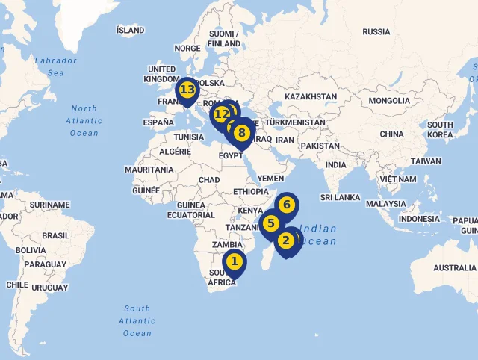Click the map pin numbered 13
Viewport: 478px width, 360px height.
pyautogui.click(x=187, y=90)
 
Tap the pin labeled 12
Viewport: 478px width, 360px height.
pyautogui.click(x=221, y=115)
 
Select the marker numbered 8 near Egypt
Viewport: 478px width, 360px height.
pyautogui.click(x=241, y=134)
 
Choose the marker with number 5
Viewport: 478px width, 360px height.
pyautogui.click(x=271, y=223)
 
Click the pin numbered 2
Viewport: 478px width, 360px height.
pyautogui.click(x=285, y=240)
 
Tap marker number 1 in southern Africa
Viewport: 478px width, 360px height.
pyautogui.click(x=235, y=261)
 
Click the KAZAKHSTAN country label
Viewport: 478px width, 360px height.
pyautogui.click(x=311, y=97)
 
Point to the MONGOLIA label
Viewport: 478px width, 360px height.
pyautogui.click(x=389, y=101)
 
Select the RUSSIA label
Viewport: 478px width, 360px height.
pyautogui.click(x=376, y=31)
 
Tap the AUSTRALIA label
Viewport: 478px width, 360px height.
pyautogui.click(x=455, y=267)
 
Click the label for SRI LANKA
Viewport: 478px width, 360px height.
pyautogui.click(x=341, y=197)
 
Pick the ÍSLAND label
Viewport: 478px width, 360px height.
pyautogui.click(x=131, y=31)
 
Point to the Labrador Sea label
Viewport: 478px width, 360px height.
pyautogui.click(x=56, y=66)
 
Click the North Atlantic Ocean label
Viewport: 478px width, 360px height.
pyautogui.click(x=84, y=121)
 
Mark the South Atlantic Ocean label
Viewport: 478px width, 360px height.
pyautogui.click(x=137, y=320)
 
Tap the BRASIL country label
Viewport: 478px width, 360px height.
pyautogui.click(x=55, y=235)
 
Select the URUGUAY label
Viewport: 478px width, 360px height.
pyautogui.click(x=49, y=288)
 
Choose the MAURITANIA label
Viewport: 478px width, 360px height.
pyautogui.click(x=149, y=170)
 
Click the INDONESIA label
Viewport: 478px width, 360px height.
pyautogui.click(x=419, y=219)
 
